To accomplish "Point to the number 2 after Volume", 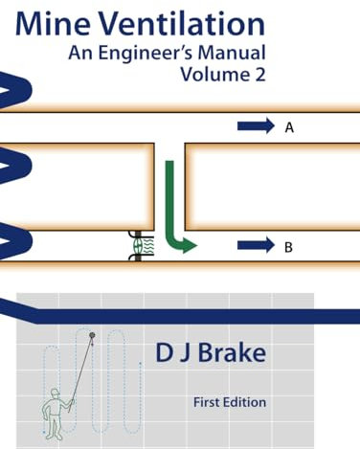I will point(256,75).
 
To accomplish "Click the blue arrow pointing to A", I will point(256,125).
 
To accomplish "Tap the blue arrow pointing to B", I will point(256,246).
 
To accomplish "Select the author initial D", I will point(164,353).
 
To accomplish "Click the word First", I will point(210,402).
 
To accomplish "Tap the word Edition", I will point(246,402).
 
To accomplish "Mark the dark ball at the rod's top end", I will point(93,335).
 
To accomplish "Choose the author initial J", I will point(185,353).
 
